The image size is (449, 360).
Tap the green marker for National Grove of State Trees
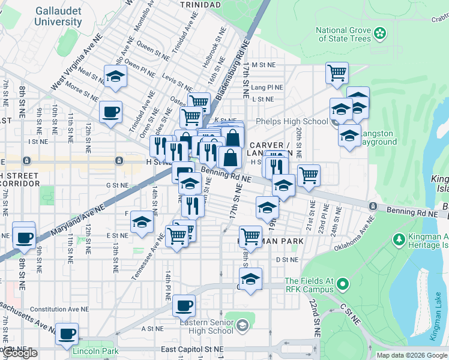380,32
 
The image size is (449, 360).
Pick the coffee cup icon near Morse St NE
110,112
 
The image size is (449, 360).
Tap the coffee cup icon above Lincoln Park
67,333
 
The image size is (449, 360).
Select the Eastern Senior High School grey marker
242,326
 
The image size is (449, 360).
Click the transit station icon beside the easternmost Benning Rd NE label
373,206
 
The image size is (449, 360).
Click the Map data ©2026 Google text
411,355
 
